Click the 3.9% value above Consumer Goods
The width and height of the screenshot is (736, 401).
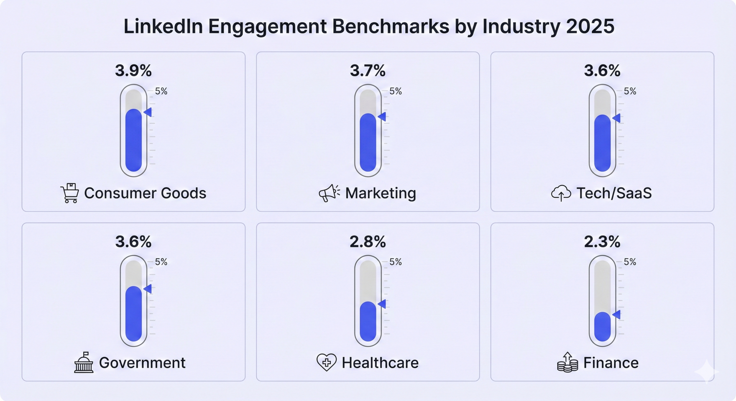(x=133, y=70)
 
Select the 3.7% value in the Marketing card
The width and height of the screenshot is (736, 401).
(x=368, y=70)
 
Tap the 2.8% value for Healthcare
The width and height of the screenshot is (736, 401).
(x=368, y=242)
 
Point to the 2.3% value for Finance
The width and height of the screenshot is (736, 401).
(x=602, y=242)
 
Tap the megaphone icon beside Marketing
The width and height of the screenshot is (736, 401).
(x=329, y=193)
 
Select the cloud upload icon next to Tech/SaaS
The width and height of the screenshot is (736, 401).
(x=561, y=193)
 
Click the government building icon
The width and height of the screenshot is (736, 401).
(x=84, y=363)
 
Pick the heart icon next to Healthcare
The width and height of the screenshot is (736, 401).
(x=326, y=362)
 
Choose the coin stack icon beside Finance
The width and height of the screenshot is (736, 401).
(x=567, y=363)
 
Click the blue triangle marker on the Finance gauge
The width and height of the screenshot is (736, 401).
(x=617, y=314)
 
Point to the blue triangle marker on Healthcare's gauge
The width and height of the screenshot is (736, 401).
(x=382, y=304)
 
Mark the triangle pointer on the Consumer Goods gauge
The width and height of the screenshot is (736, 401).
(x=148, y=112)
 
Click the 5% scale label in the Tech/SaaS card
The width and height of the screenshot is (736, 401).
(x=630, y=91)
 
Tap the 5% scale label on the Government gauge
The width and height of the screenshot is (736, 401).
(x=161, y=262)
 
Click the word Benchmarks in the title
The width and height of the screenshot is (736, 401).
(x=390, y=26)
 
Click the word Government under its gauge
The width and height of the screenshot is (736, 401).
(x=142, y=363)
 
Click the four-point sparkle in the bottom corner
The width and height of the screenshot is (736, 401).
(x=707, y=372)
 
